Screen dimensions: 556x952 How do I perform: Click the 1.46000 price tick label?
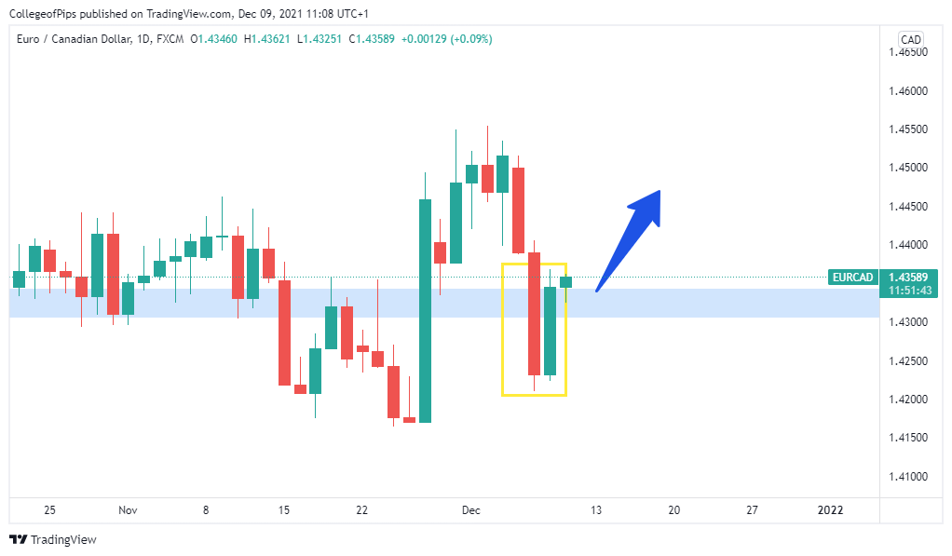908,91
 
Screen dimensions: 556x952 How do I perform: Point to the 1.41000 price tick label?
908,477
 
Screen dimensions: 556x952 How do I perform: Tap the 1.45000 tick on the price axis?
908,168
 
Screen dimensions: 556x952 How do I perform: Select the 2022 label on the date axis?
830,510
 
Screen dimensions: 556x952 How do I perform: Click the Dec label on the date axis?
470,510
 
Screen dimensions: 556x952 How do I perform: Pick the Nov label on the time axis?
129,510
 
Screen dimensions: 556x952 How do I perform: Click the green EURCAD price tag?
851,278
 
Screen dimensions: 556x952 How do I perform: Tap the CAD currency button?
910,39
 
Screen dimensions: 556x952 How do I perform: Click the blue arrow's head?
651,200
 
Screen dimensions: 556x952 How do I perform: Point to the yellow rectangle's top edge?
534,264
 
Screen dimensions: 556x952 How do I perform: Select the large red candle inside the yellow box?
534,313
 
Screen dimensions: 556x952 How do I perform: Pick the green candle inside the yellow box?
550,331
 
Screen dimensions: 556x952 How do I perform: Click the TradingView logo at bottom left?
53,539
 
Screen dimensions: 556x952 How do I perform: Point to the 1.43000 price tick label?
908,322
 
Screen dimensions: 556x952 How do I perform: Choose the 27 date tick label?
753,510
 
